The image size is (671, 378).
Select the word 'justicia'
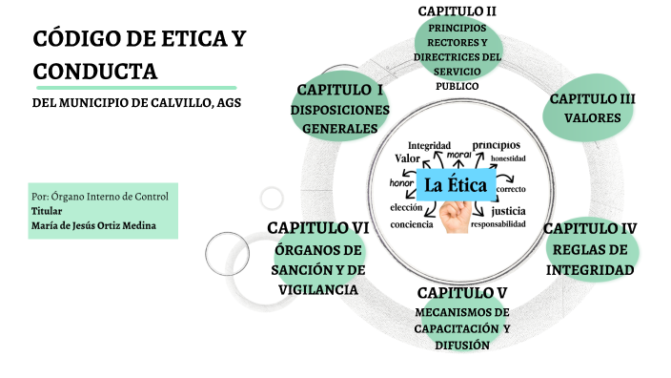508,210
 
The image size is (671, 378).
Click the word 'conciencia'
412,224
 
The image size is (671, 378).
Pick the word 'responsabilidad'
498,224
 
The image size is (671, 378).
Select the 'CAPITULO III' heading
593,99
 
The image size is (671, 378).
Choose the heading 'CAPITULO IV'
590,228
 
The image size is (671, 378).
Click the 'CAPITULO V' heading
461,292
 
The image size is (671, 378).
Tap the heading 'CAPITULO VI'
317,228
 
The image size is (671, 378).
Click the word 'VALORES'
593,119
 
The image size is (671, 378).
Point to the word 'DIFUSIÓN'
461,346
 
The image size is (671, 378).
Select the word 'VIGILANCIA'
317,290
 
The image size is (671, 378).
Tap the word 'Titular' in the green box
47,210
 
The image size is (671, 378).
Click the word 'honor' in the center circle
401,182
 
